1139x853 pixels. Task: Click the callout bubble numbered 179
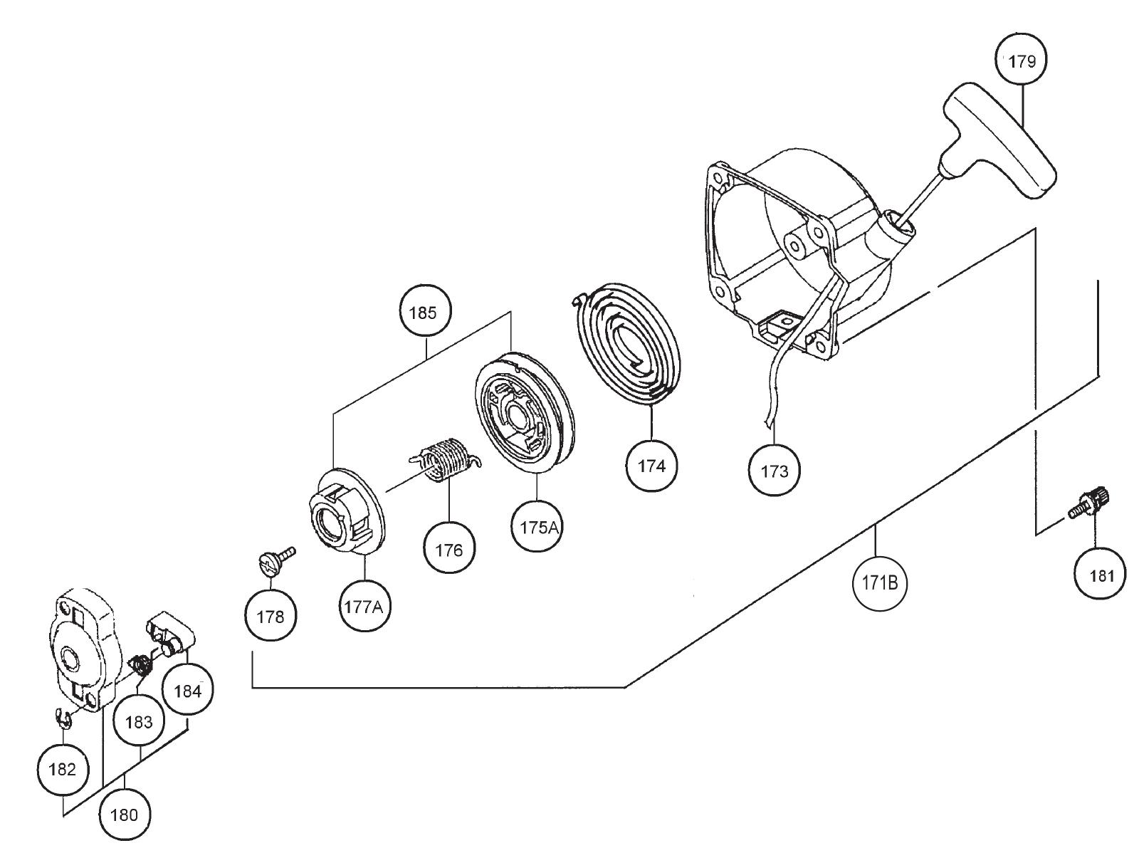point(1022,61)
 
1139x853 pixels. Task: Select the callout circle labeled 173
point(775,471)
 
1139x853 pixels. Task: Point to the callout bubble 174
point(651,466)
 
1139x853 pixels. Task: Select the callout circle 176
point(449,550)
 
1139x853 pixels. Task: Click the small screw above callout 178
point(273,559)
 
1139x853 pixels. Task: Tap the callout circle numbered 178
point(271,617)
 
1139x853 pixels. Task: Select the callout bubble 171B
point(878,583)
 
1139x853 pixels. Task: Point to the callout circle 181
point(1101,575)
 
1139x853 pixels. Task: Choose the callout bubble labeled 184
point(187,690)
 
